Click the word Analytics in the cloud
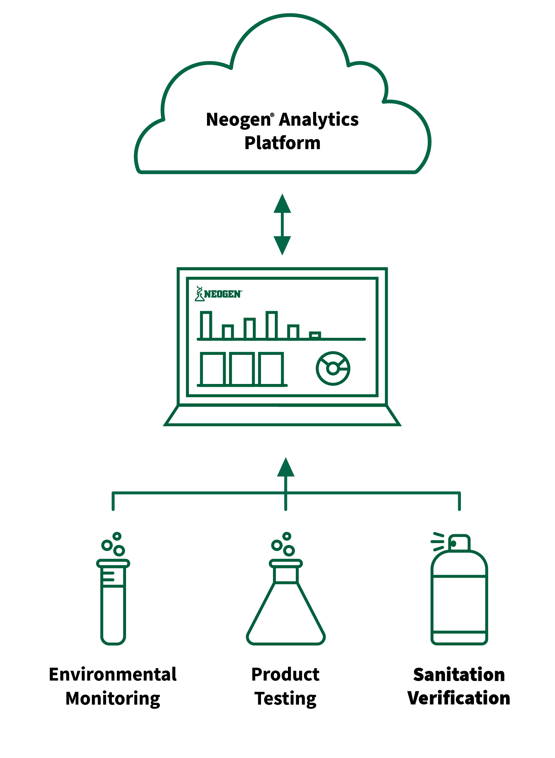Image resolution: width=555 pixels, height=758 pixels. point(319,120)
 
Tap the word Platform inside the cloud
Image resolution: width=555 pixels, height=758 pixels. point(283,143)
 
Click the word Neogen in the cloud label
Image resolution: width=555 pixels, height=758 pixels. point(239,120)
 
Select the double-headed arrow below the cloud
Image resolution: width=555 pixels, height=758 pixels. point(282,224)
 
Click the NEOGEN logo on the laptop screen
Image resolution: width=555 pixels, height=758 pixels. point(218,294)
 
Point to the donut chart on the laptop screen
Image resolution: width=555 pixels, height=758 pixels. point(333,368)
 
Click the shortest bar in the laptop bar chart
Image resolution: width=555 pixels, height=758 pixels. point(315,335)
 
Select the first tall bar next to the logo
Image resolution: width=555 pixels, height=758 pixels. point(206,325)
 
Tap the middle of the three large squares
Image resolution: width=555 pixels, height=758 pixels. point(242,369)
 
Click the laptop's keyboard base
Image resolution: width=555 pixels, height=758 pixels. point(282,415)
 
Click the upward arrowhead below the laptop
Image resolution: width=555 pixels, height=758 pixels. point(286,467)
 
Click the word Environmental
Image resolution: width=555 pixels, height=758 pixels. point(113,674)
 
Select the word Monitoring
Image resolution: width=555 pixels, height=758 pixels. point(113,699)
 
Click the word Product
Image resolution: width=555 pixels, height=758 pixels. point(285,674)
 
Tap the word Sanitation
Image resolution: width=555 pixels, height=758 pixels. point(459,674)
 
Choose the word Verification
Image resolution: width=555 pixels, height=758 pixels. point(459,698)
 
